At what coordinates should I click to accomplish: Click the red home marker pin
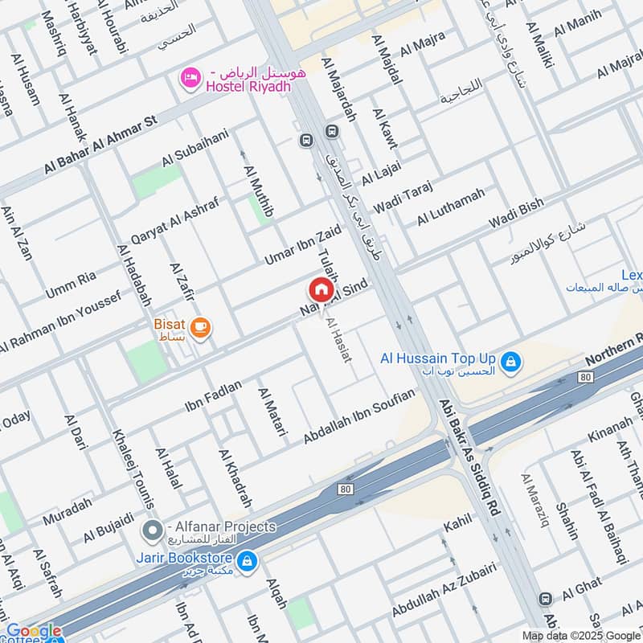(320, 289)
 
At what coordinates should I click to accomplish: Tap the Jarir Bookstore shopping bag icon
(248, 559)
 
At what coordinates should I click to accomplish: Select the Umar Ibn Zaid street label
(303, 245)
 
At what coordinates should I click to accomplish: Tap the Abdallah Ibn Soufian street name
(359, 416)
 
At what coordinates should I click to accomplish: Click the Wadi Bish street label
(516, 215)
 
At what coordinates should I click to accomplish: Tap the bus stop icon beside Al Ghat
(546, 599)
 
